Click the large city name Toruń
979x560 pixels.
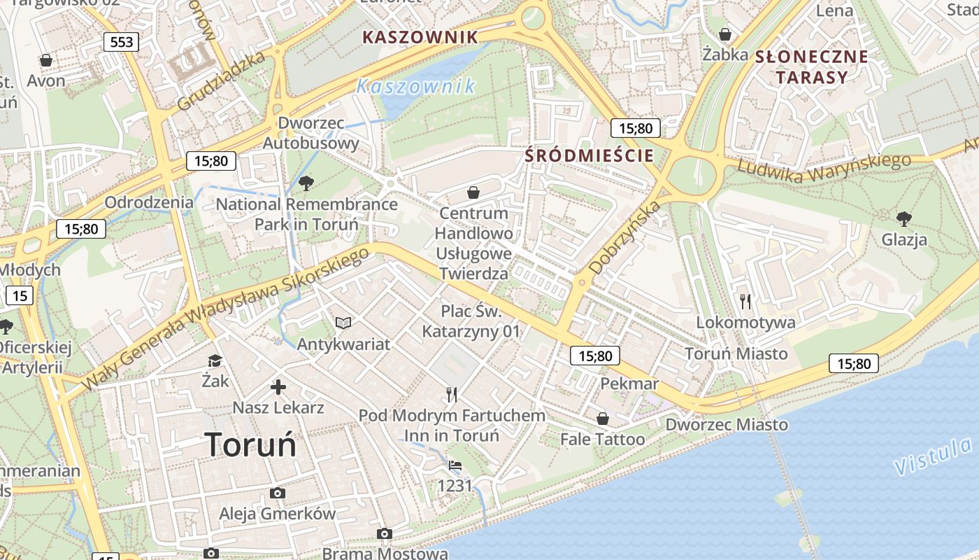(x=250, y=444)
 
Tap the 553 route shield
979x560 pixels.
(x=121, y=42)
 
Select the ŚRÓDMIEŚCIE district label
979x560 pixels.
(x=589, y=155)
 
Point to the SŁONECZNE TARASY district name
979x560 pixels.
(x=812, y=66)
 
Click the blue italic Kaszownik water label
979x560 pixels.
(x=415, y=87)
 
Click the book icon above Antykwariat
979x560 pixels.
(x=343, y=323)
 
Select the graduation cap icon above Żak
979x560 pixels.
(x=215, y=360)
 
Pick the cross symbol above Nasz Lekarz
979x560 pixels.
(x=278, y=386)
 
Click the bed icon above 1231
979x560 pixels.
(x=455, y=465)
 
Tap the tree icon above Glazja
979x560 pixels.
(x=904, y=218)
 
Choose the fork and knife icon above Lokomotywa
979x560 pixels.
(x=745, y=301)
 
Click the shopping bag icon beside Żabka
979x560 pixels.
(x=726, y=34)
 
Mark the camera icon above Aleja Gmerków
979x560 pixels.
(x=277, y=493)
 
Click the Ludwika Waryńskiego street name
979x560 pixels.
(x=824, y=167)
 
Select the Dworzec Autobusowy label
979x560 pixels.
(x=310, y=133)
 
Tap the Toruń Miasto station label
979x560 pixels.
(x=736, y=353)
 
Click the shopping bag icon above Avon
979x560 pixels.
(x=46, y=60)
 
